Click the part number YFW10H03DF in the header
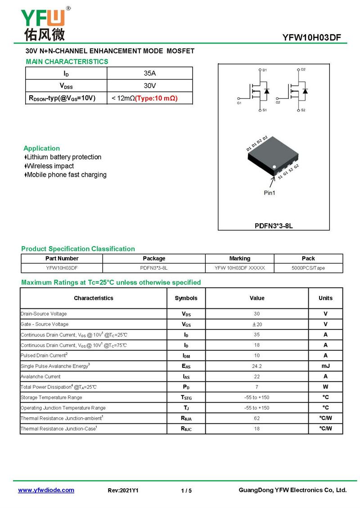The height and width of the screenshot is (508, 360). tap(312, 38)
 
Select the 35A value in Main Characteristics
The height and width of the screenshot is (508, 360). tap(149, 73)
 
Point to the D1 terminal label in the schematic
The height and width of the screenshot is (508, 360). tap(265, 70)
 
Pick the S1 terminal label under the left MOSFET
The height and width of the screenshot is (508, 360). tap(265, 110)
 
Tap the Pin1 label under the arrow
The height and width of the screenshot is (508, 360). tap(270, 193)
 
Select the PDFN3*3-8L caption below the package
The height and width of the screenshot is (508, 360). tap(274, 226)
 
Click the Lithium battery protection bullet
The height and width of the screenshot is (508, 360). tap(63, 157)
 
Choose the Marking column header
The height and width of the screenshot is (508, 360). tap(239, 258)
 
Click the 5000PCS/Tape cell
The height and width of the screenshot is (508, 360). tap(308, 268)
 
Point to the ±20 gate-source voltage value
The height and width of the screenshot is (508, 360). tap(257, 324)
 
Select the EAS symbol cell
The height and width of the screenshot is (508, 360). tap(186, 366)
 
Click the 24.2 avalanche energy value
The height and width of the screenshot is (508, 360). tap(257, 366)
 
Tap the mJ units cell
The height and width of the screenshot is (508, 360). tap(325, 366)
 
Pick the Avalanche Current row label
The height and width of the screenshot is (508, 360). tap(40, 377)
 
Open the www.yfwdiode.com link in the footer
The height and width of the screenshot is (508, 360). tap(46, 490)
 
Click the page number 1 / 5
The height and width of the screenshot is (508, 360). tap(186, 490)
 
